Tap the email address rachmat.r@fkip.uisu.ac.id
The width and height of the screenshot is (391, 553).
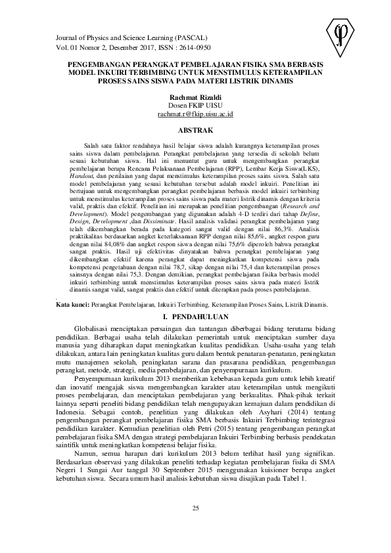tap(195, 114)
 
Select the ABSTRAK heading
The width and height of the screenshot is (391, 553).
tap(195, 131)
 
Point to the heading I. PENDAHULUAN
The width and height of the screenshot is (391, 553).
tap(195, 316)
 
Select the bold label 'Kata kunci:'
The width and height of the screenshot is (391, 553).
tap(71, 305)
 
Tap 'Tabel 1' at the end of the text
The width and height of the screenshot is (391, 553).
tap(295, 477)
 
